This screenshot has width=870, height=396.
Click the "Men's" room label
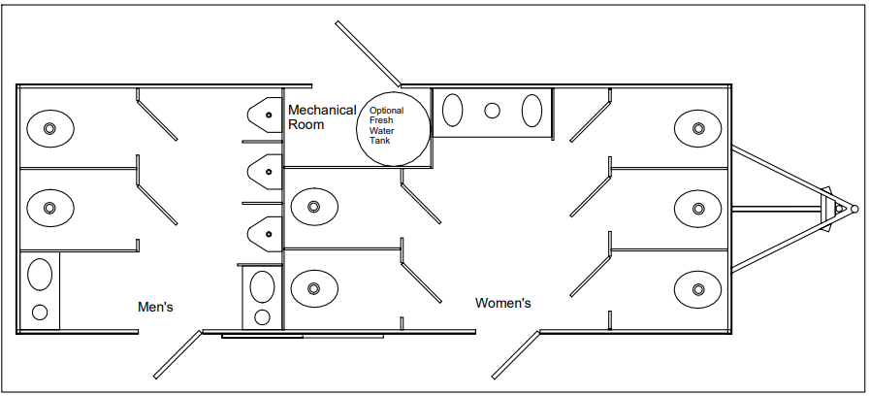click(x=155, y=307)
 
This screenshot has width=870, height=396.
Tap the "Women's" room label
click(x=502, y=303)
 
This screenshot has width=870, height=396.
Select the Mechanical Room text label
click(x=321, y=117)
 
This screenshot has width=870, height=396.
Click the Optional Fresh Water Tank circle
click(x=395, y=128)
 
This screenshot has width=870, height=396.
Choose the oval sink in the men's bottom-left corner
click(x=40, y=274)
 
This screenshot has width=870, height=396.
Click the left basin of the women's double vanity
click(x=453, y=111)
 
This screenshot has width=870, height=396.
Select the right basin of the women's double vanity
click(x=532, y=111)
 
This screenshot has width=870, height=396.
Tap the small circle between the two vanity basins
click(x=492, y=111)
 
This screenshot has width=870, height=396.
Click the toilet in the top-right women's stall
click(x=697, y=127)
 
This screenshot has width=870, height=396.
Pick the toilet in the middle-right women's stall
click(x=697, y=207)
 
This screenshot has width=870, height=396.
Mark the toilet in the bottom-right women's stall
click(x=697, y=287)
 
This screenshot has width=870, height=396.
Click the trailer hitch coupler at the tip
click(x=854, y=207)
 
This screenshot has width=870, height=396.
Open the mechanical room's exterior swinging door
click(x=369, y=53)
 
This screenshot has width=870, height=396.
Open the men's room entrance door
click(x=177, y=354)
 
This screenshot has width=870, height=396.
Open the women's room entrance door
click(x=515, y=354)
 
